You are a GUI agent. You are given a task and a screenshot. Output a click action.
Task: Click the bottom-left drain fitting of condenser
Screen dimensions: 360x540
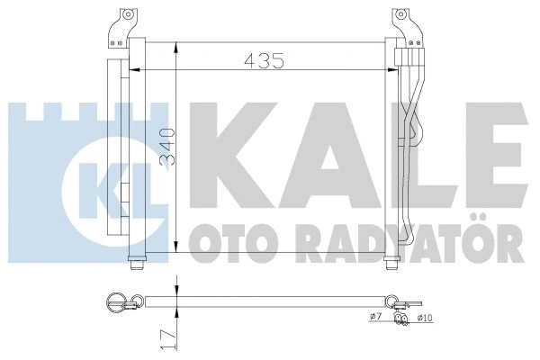click(x=136, y=262)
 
